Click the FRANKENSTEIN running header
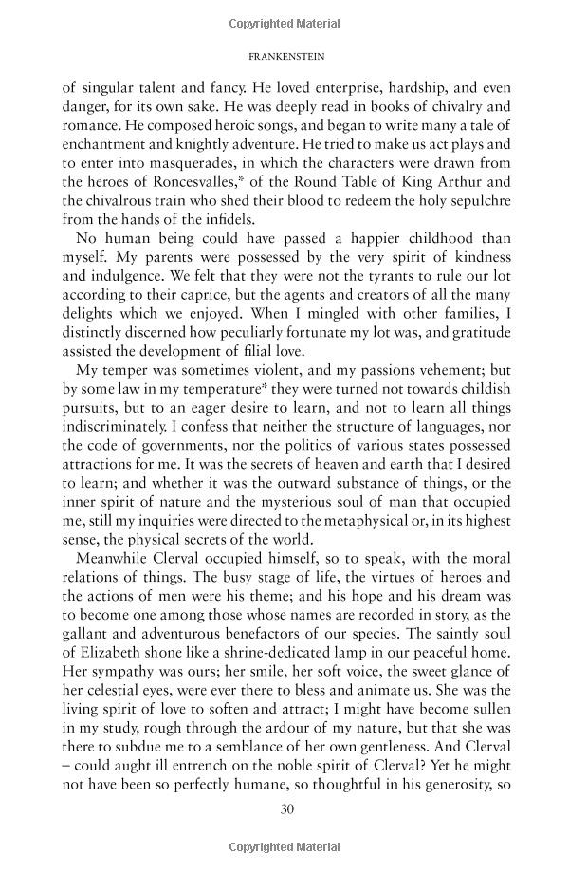pyautogui.click(x=284, y=56)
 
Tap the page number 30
pyautogui.click(x=284, y=808)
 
